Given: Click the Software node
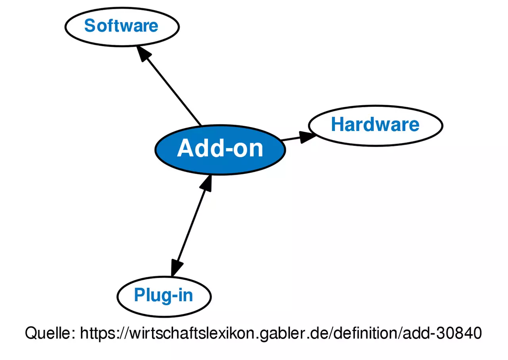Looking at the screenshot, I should [x=122, y=26].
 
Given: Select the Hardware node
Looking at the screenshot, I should [x=375, y=125].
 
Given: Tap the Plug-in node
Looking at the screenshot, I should [x=164, y=296].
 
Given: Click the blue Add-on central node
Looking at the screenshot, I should [x=220, y=149].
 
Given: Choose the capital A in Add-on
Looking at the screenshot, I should [x=185, y=149].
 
